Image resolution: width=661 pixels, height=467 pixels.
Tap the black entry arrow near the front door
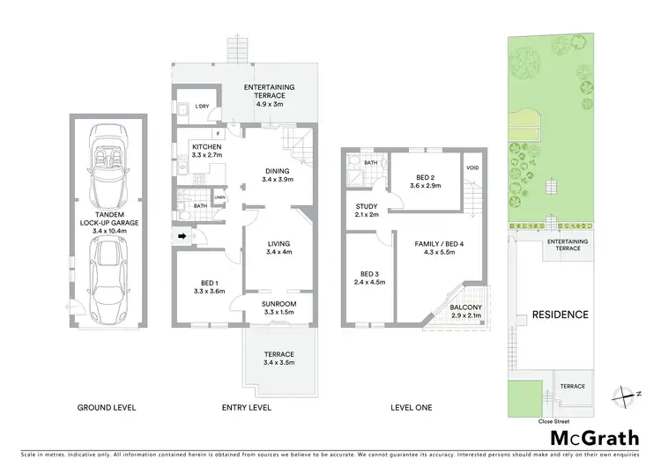tap(182, 236)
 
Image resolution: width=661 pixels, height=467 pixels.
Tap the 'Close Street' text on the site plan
tap(553, 421)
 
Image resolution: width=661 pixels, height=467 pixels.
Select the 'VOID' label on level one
tap(472, 168)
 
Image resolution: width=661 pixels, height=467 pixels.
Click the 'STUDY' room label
tap(366, 207)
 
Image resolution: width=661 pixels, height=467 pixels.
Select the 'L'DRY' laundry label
tap(202, 107)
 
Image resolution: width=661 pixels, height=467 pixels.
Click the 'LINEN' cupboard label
tap(218, 197)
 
